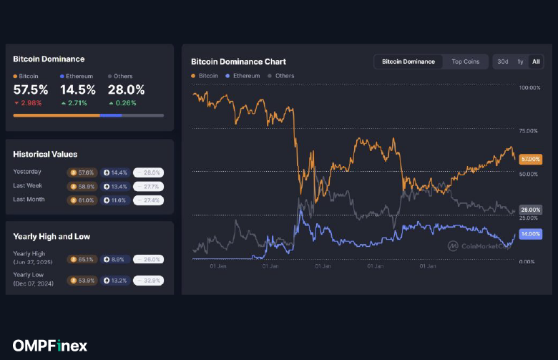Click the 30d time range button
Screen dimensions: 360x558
[x=503, y=62]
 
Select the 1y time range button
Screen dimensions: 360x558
[x=520, y=62]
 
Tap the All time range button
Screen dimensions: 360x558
[x=536, y=62]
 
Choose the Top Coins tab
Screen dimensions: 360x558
[x=465, y=62]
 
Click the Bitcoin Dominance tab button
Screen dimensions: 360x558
[x=408, y=62]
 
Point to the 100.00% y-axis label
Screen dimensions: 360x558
[x=529, y=87]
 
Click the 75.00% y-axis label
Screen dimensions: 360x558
[x=529, y=131]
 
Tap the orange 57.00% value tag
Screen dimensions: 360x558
[x=530, y=158]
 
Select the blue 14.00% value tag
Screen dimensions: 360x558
[x=530, y=233]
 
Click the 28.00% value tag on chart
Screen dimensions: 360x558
[x=530, y=209]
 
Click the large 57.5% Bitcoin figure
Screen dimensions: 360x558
[x=31, y=90]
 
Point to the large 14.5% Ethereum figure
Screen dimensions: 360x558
[x=78, y=90]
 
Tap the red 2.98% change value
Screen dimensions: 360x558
[x=31, y=103]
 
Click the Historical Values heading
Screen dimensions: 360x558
[x=45, y=154]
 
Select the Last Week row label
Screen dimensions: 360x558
[x=29, y=185]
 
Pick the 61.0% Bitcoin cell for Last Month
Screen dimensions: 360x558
[x=82, y=200]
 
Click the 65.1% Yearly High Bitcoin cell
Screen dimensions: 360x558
[x=82, y=259]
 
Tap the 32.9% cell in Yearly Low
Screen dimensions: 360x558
[x=148, y=280]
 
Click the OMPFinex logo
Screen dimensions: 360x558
[x=50, y=346]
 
